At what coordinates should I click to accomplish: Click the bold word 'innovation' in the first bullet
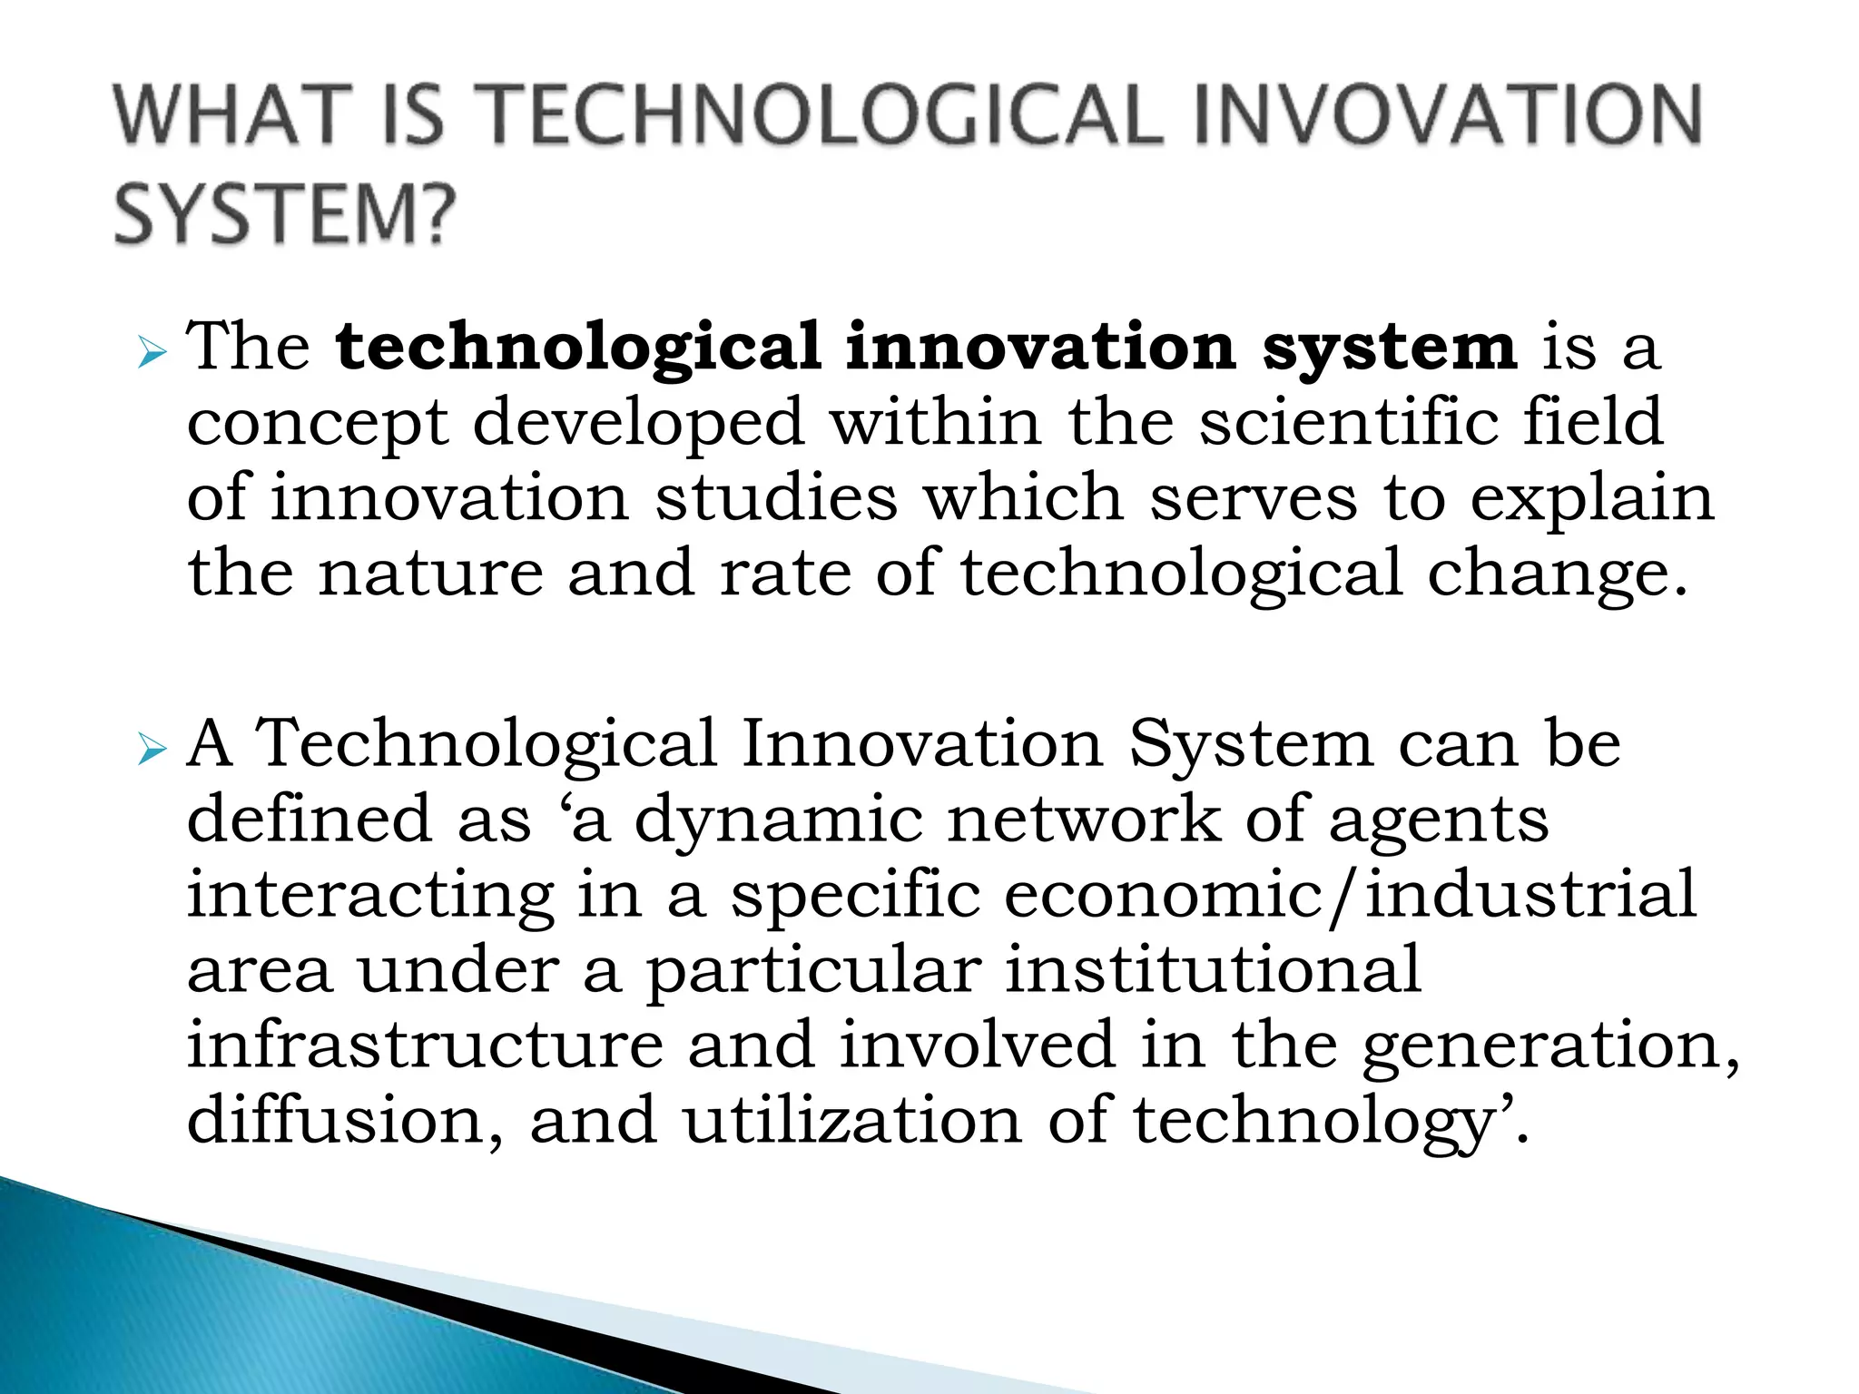pyautogui.click(x=1040, y=347)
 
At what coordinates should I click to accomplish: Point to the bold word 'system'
pyautogui.click(x=1389, y=348)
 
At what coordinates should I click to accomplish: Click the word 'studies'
pyautogui.click(x=776, y=498)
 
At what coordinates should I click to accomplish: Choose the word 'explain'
pyautogui.click(x=1592, y=500)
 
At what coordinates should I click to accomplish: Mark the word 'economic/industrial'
pyautogui.click(x=1350, y=896)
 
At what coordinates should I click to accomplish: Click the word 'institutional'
pyautogui.click(x=1213, y=969)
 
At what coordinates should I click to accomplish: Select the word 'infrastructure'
pyautogui.click(x=425, y=1045)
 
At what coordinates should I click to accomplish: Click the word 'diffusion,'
pyautogui.click(x=345, y=1121)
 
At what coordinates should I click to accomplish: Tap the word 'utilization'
pyautogui.click(x=852, y=1121)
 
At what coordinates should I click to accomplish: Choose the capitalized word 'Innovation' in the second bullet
pyautogui.click(x=922, y=744)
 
